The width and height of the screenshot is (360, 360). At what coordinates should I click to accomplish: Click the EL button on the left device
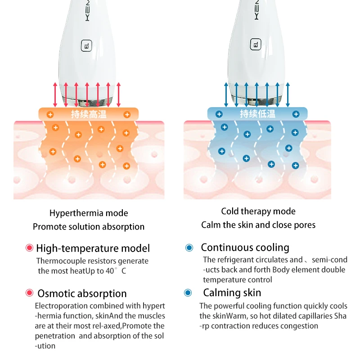click(85, 45)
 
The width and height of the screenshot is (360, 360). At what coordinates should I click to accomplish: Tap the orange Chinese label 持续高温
click(89, 114)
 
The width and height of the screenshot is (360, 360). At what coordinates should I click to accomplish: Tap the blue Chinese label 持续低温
click(257, 114)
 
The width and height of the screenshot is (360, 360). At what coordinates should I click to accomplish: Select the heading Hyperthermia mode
click(89, 213)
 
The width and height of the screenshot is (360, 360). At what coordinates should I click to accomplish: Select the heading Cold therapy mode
click(258, 211)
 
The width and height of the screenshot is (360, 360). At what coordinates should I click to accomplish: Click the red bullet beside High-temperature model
click(30, 247)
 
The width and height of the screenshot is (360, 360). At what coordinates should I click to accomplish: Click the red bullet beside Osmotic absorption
click(30, 293)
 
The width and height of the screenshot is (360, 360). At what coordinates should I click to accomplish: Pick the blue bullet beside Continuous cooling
click(189, 247)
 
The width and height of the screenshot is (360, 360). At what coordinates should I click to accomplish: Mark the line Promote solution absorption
click(89, 227)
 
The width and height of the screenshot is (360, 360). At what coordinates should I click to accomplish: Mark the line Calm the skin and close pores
click(258, 225)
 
